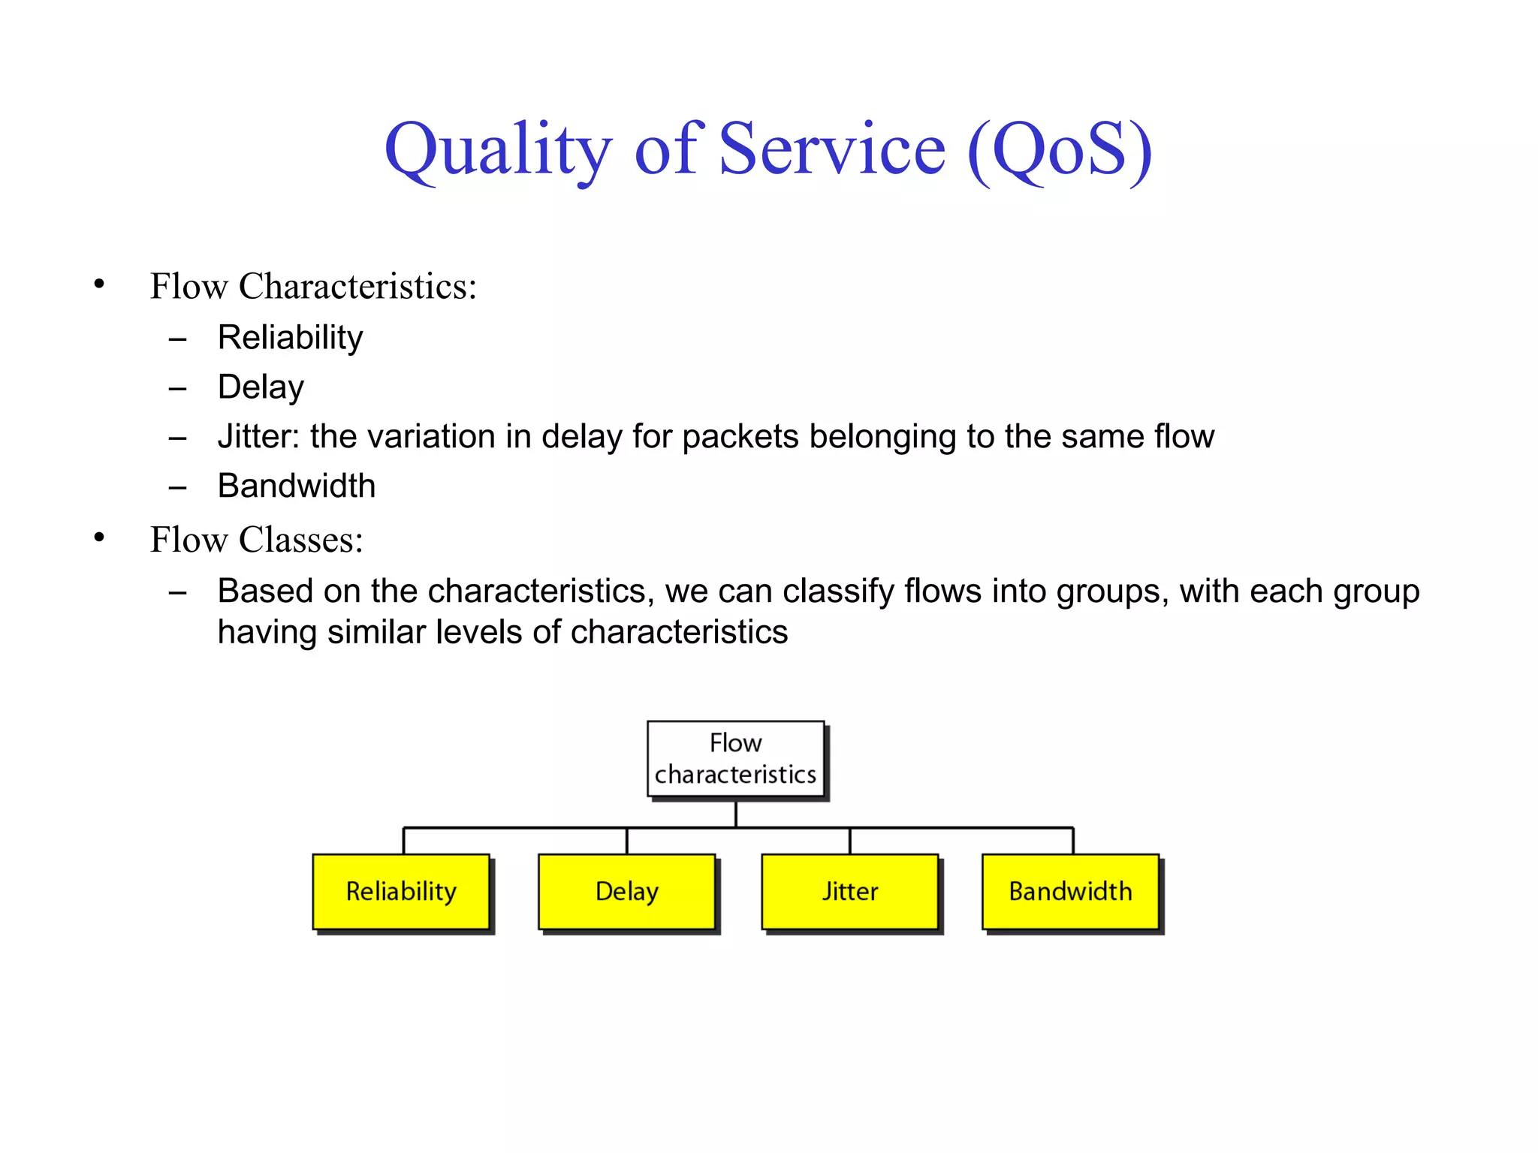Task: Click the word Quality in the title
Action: (x=498, y=150)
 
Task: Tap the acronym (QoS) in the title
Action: (x=1060, y=150)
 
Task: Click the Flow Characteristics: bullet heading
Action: (x=313, y=286)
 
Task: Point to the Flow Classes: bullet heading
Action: (x=256, y=540)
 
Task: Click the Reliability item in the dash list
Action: (x=290, y=337)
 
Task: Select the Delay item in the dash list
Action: (x=261, y=387)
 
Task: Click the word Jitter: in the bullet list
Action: (x=258, y=436)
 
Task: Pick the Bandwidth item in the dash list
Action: (x=296, y=486)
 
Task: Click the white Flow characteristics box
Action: (x=735, y=759)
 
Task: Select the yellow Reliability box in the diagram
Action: (x=401, y=892)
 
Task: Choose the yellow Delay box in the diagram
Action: (x=626, y=892)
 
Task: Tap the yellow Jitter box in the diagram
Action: (x=849, y=892)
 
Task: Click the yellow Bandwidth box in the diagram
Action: (x=1070, y=892)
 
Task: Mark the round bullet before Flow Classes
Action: (x=99, y=538)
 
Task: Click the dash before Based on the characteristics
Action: (x=177, y=593)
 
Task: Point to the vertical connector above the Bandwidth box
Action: (x=1073, y=841)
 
